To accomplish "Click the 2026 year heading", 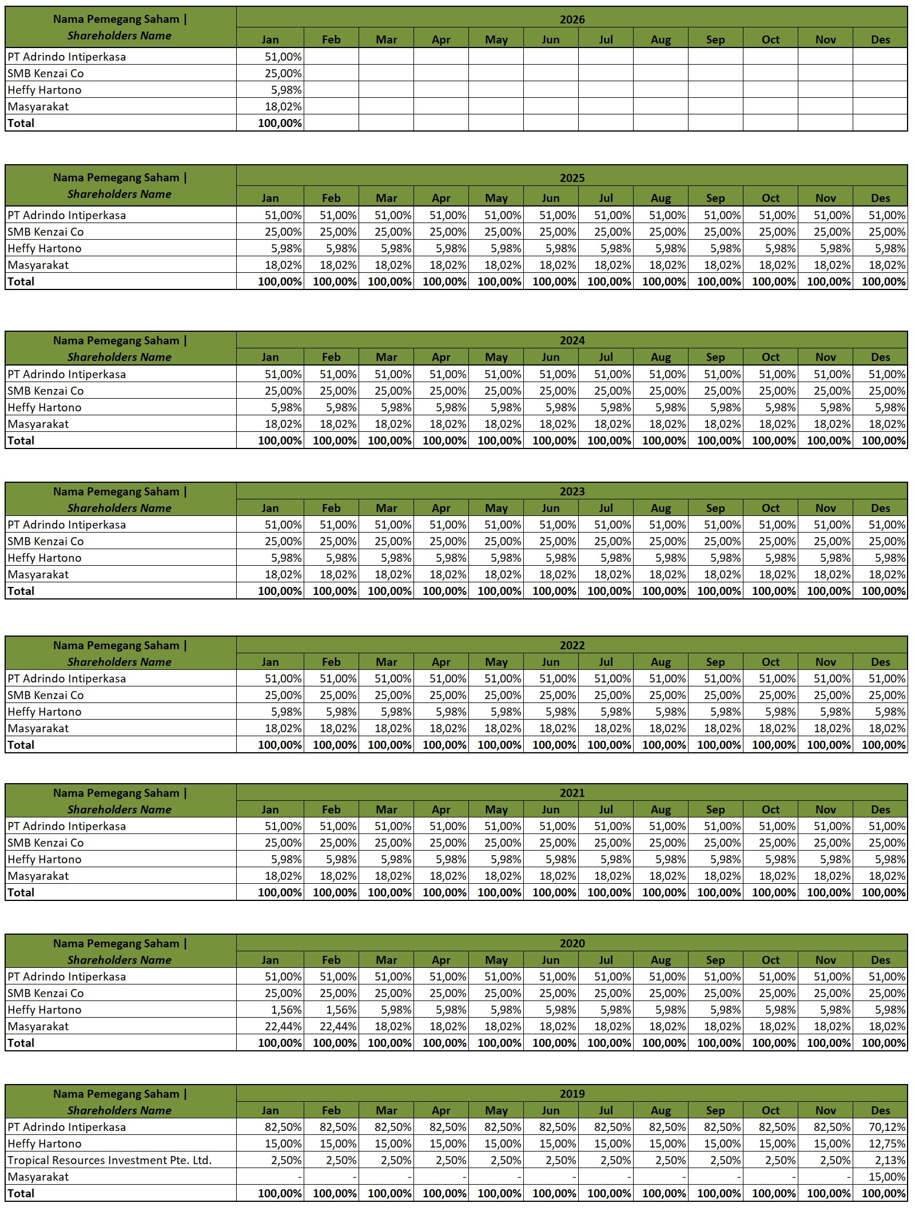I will (x=572, y=19).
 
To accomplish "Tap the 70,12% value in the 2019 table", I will (x=887, y=1127).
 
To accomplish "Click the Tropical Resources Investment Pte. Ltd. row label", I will (x=110, y=1160).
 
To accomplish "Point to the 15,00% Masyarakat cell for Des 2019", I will (x=887, y=1177).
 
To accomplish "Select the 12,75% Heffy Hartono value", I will (x=887, y=1143).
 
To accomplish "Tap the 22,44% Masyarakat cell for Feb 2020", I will (x=338, y=1026).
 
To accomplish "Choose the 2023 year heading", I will (x=572, y=491).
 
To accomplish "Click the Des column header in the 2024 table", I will (x=880, y=357).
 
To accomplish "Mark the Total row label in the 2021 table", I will (x=21, y=892).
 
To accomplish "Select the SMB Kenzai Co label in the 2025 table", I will (x=46, y=232).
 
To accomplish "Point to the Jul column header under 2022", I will (x=606, y=662).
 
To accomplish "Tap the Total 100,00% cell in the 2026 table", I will (x=280, y=123).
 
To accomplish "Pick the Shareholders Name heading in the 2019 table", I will (x=120, y=1110).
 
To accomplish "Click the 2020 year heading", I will (x=572, y=943).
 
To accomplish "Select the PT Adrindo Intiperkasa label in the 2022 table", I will (x=67, y=678).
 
